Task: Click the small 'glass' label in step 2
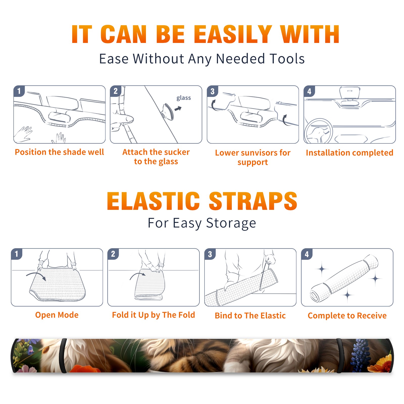[x=184, y=98]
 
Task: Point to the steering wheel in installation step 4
[x=318, y=131]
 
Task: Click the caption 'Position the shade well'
[x=59, y=152]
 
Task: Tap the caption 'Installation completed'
[x=349, y=153]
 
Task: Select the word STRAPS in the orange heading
[x=253, y=201]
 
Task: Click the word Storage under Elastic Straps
[x=231, y=223]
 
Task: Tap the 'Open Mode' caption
[x=57, y=315]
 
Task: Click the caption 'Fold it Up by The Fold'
[x=154, y=315]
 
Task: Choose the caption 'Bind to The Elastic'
[x=250, y=315]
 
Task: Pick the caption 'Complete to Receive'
[x=347, y=316]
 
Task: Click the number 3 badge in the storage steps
[x=210, y=254]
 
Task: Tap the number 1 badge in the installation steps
[x=19, y=91]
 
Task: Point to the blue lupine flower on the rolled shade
[x=360, y=355]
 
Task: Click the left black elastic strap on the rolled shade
[x=63, y=356]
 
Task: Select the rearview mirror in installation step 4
[x=350, y=93]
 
